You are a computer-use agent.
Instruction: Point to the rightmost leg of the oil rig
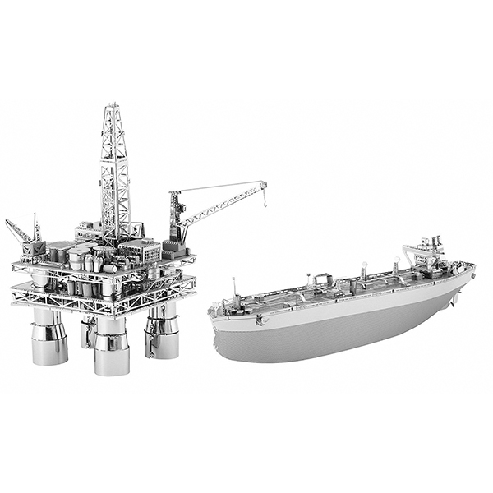(x=162, y=333)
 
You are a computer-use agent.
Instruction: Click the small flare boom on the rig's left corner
(x=18, y=231)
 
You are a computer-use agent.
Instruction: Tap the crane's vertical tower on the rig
(x=175, y=218)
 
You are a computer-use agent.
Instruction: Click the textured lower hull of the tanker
(x=329, y=337)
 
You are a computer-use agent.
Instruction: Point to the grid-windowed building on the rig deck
(x=140, y=251)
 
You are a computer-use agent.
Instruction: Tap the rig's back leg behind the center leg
(x=88, y=329)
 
